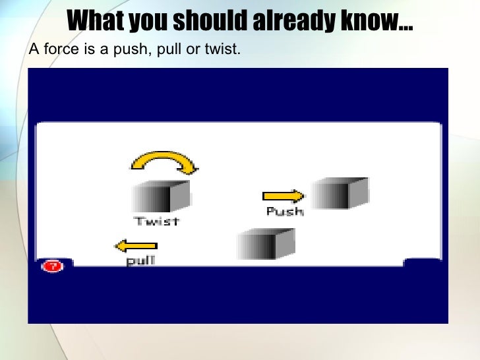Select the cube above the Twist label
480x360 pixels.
pos(160,196)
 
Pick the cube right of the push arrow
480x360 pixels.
pos(339,193)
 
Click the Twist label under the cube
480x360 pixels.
pos(157,221)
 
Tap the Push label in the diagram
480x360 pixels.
pos(285,212)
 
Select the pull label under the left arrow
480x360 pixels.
pos(140,260)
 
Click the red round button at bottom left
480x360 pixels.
pos(51,266)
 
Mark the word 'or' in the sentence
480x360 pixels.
pos(193,49)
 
